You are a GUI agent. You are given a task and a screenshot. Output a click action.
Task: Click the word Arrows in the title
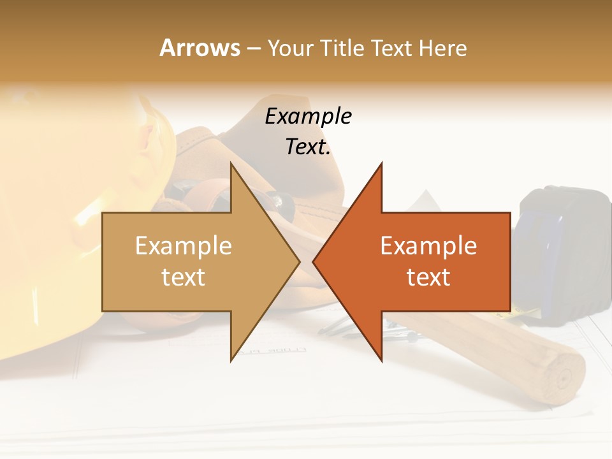(x=200, y=48)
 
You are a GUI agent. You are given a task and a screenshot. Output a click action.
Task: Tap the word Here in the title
(x=442, y=48)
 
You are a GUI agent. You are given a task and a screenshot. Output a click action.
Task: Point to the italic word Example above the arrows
(x=308, y=116)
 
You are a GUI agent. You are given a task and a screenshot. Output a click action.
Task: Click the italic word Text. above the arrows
(x=308, y=147)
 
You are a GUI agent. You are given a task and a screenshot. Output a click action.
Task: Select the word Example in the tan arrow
(x=183, y=246)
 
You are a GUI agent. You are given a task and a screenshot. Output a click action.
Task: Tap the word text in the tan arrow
(x=183, y=277)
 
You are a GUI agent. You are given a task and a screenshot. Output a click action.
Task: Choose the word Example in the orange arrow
(x=428, y=246)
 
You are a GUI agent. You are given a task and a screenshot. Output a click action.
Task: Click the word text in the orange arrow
(x=428, y=277)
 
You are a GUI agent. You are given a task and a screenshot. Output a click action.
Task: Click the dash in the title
(x=253, y=48)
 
